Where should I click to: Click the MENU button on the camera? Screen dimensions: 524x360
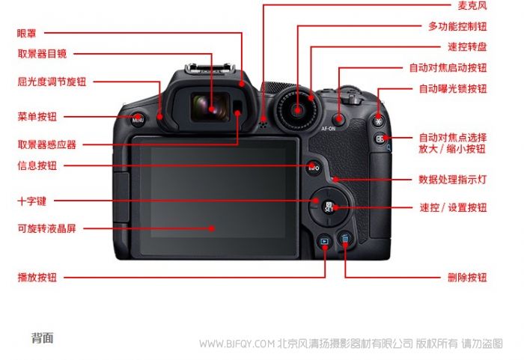(138, 119)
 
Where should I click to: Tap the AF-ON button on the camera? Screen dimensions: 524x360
(340, 118)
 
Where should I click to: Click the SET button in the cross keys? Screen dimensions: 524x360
(329, 207)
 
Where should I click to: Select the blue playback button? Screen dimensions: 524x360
(324, 241)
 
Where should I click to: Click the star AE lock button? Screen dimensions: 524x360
(379, 121)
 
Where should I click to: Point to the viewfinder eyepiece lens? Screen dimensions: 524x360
(210, 106)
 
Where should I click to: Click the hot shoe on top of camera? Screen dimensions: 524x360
(210, 69)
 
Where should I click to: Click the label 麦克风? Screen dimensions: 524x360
(472, 5)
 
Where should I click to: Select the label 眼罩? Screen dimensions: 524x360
(26, 33)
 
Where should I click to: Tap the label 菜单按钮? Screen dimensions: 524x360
(37, 117)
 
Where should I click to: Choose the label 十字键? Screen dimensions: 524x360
(31, 201)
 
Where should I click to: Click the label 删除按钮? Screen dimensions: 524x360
(467, 277)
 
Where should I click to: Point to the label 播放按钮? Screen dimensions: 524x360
(37, 277)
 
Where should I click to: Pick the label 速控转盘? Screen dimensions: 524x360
(467, 47)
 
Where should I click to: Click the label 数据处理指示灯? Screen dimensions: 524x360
(452, 180)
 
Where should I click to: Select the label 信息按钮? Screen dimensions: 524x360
(37, 165)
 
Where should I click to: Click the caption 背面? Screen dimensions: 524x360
(43, 338)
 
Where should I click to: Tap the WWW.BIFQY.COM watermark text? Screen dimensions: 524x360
(237, 344)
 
